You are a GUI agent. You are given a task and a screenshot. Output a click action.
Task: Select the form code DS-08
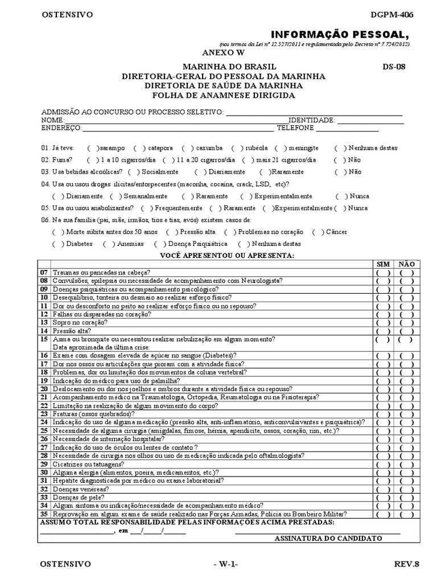394,67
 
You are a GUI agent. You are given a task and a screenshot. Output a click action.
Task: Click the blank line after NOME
176,121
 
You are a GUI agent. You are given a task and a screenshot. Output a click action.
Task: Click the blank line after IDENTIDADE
370,121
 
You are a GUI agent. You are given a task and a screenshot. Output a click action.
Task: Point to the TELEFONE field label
295,128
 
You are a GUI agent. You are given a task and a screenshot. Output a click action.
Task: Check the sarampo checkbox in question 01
92,147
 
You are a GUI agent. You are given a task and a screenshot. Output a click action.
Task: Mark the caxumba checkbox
187,147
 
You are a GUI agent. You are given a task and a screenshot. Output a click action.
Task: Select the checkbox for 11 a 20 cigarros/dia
167,160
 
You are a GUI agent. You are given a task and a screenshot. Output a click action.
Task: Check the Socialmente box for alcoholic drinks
133,171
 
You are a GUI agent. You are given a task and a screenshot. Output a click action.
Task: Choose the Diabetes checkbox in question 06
56,244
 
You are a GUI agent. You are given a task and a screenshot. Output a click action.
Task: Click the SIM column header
384,264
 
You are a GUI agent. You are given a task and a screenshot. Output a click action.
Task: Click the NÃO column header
406,264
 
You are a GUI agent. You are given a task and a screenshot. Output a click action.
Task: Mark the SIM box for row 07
383,273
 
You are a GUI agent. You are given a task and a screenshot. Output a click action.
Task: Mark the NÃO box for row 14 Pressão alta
406,331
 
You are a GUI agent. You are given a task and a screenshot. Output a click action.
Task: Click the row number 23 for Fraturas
44,414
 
